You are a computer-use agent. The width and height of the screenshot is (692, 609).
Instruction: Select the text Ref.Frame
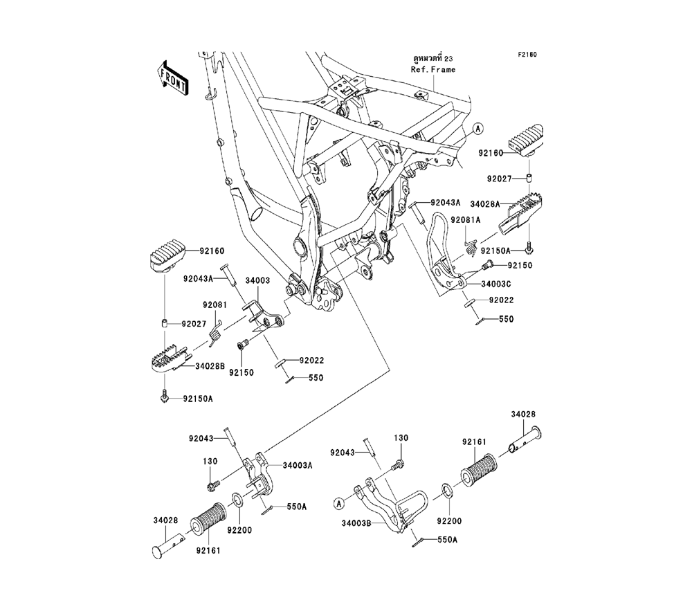[434, 70]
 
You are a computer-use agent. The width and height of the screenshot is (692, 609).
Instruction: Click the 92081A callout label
[465, 219]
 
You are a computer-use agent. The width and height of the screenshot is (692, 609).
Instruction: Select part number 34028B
[210, 367]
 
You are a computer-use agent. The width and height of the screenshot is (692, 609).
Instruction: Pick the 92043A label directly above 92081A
[445, 203]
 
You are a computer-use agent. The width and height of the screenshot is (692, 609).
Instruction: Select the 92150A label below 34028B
[199, 399]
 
